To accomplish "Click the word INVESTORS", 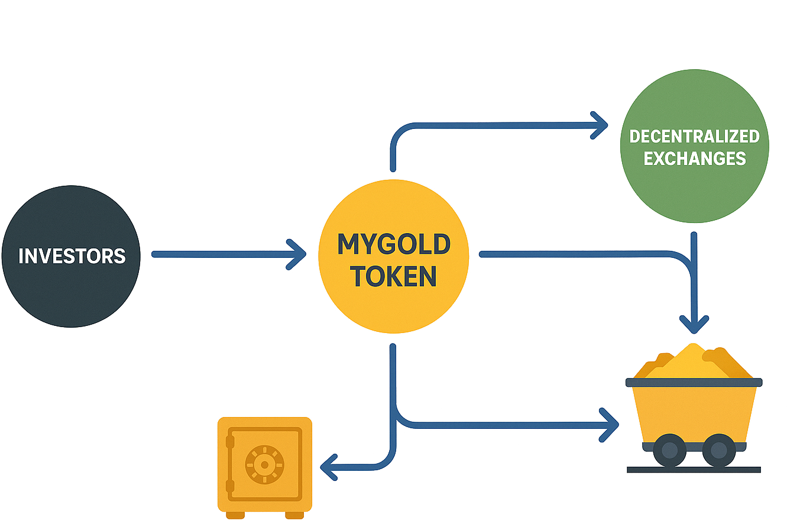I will [x=72, y=256].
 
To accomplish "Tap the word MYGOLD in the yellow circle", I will [x=394, y=244].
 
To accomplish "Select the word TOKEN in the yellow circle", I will [x=394, y=276].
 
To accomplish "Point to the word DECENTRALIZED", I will [x=694, y=136].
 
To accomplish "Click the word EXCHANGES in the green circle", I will [x=694, y=159].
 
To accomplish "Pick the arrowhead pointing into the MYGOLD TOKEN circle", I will [x=297, y=254].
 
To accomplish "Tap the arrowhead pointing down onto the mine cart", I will [x=694, y=324].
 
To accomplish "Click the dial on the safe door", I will [x=264, y=465].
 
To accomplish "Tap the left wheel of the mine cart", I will [x=670, y=451].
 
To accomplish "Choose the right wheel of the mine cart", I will [x=718, y=451].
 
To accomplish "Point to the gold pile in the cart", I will [x=693, y=362].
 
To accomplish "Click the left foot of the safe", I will [x=235, y=515].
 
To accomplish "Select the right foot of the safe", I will [x=294, y=515].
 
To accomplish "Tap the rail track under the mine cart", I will [x=694, y=470].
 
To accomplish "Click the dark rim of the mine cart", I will [x=694, y=383].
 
